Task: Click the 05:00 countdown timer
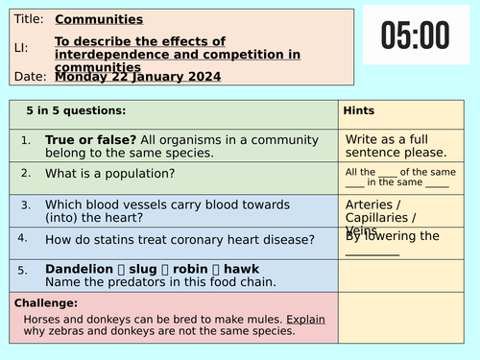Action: pyautogui.click(x=415, y=36)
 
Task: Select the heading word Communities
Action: pyautogui.click(x=99, y=18)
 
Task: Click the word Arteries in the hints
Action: pyautogui.click(x=369, y=204)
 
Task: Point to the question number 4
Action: pyautogui.click(x=22, y=235)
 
